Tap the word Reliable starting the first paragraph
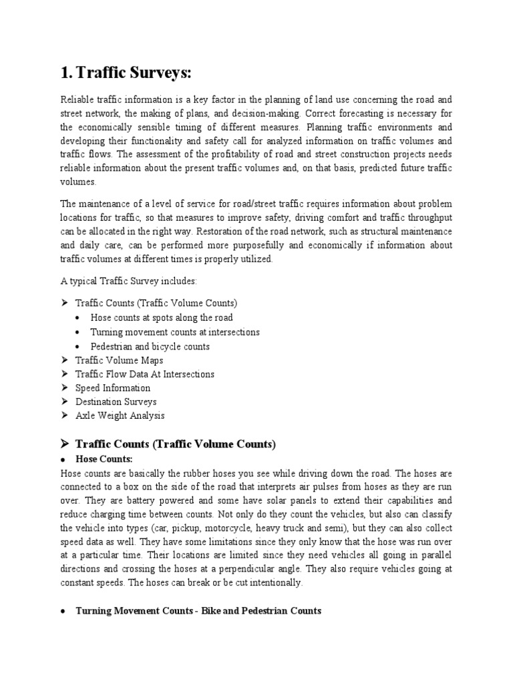coord(76,99)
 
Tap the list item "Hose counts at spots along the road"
coord(162,317)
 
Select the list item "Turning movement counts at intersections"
coord(175,332)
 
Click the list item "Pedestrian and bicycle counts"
coord(150,347)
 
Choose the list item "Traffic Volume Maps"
coord(119,360)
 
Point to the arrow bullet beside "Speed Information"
coord(64,388)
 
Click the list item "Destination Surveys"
coord(116,402)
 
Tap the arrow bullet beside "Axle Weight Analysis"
coord(64,416)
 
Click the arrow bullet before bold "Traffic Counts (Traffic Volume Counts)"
coord(65,443)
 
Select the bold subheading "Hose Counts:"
coord(104,460)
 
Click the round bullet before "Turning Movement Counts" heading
coord(63,611)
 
